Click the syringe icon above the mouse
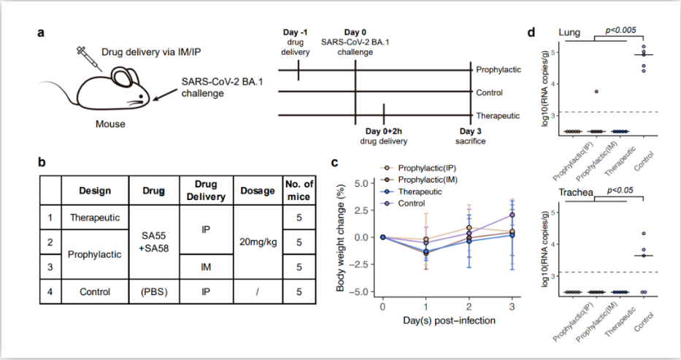pos(90,58)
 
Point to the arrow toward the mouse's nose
pos(164,95)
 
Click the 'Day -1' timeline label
pos(296,32)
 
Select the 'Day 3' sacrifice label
pos(470,131)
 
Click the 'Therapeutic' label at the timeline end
pos(498,116)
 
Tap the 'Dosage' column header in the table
pos(258,191)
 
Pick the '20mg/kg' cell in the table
pos(258,242)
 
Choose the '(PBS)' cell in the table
pos(154,292)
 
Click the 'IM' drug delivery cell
pos(206,267)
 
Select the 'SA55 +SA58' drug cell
pos(154,242)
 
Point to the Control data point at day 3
pos(512,215)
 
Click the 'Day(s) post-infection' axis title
pos(449,321)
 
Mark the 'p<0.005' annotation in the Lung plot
pos(620,30)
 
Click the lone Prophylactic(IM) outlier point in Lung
pos(597,91)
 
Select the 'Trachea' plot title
pos(576,192)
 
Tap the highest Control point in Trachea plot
pos(644,234)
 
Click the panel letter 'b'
pos(42,162)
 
